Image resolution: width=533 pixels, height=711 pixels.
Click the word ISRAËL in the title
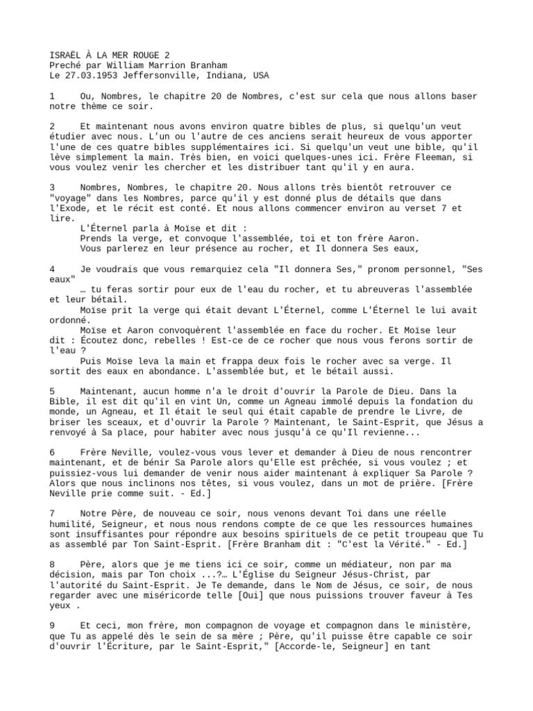coord(65,56)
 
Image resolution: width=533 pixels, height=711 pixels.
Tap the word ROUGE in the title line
coord(141,56)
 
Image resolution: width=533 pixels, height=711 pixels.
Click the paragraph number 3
coord(52,188)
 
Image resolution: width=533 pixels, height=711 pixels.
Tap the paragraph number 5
coord(52,392)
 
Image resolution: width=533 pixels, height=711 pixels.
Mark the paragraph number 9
coord(52,626)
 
